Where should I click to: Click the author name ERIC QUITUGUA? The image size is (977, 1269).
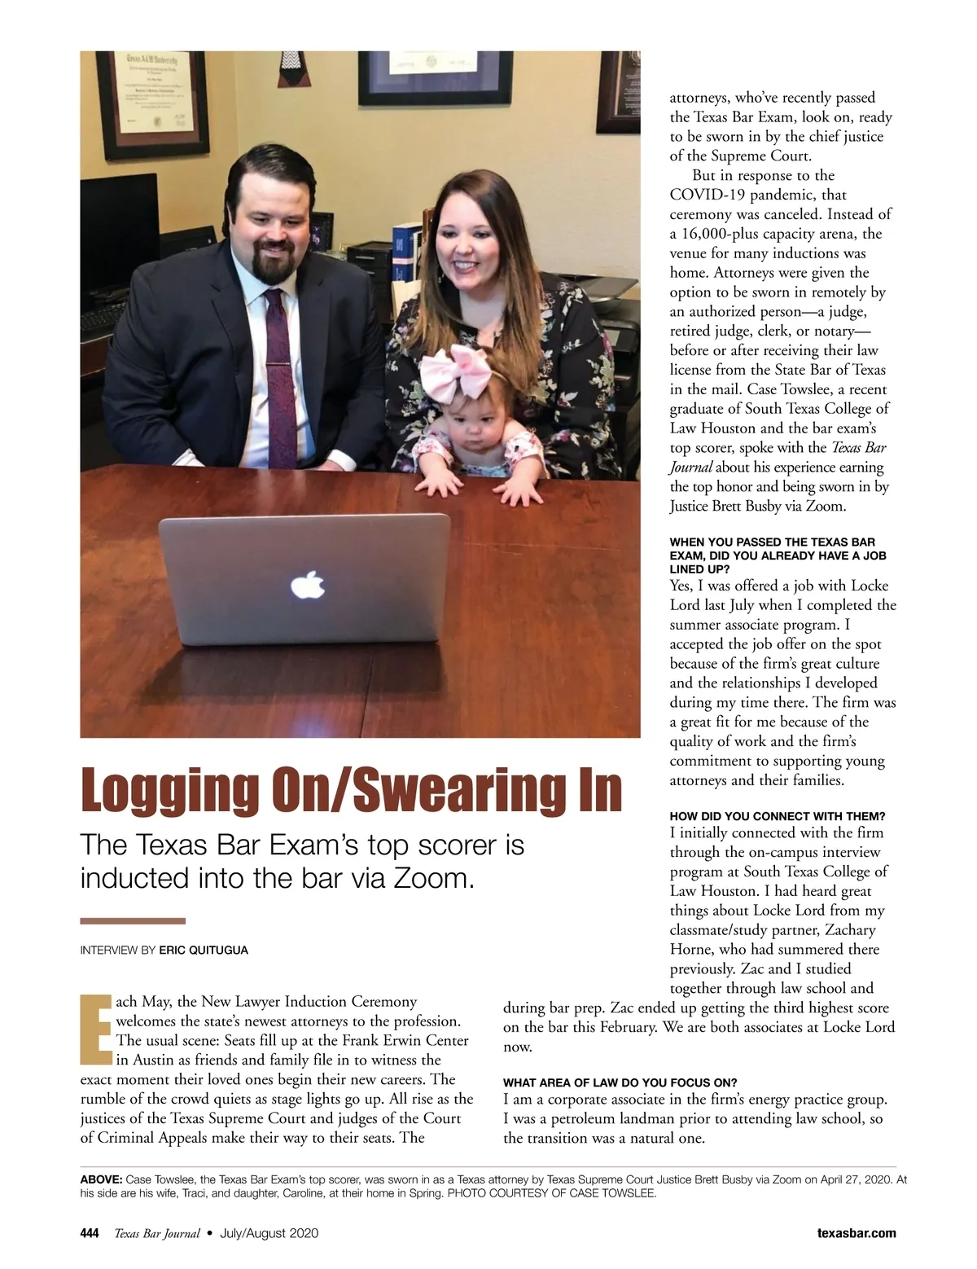[x=204, y=950]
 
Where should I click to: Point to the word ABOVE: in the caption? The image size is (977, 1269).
[x=101, y=1179]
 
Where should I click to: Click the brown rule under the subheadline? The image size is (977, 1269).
[x=133, y=921]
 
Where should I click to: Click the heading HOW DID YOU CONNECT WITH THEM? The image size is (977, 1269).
[x=777, y=816]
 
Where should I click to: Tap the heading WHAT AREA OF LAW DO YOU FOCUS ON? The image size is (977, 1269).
[x=620, y=1082]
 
